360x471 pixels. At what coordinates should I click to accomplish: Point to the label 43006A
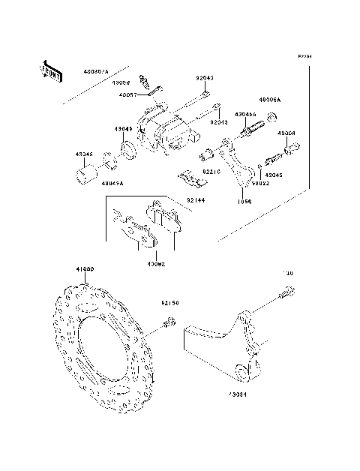coord(268,99)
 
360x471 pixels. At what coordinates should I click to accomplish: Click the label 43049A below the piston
coord(113,182)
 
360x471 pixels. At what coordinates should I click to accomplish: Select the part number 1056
coord(244,202)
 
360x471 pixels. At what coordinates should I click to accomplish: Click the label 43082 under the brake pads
coord(155,264)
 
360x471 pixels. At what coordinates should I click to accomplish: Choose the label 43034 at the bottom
coord(237,393)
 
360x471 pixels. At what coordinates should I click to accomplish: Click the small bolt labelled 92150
coord(169,323)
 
